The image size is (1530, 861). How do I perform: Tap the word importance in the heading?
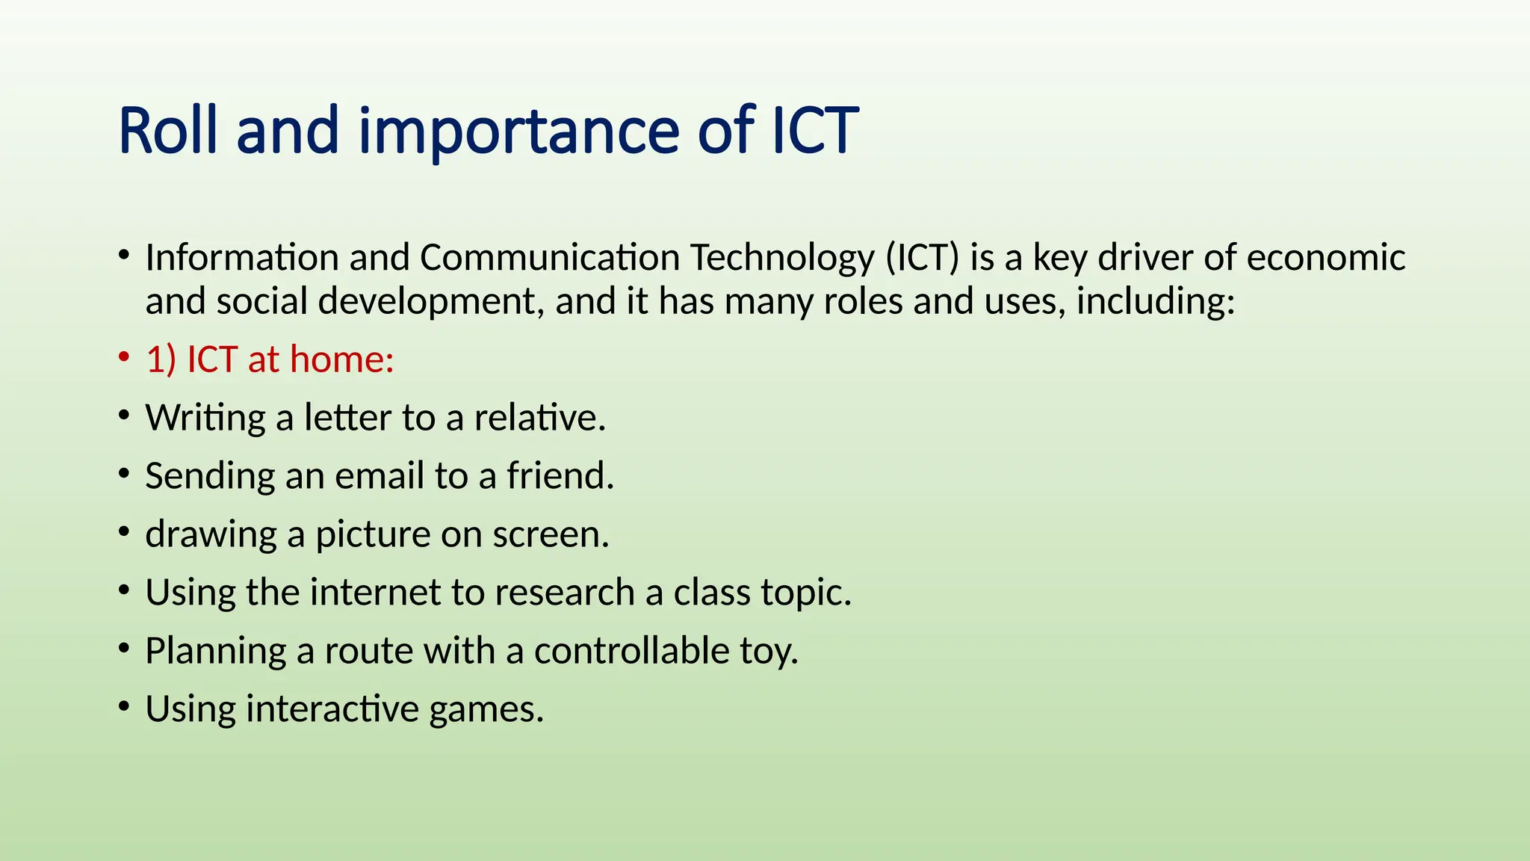coord(518,133)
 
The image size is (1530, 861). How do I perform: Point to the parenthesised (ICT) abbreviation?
coord(922,258)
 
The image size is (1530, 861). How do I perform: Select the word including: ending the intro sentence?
coord(1155,301)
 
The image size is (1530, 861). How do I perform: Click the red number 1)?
coord(161,359)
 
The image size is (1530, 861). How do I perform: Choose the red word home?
coord(341,359)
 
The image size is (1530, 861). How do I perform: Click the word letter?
coord(347,418)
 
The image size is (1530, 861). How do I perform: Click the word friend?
coord(560,476)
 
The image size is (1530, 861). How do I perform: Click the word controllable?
coord(631,651)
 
